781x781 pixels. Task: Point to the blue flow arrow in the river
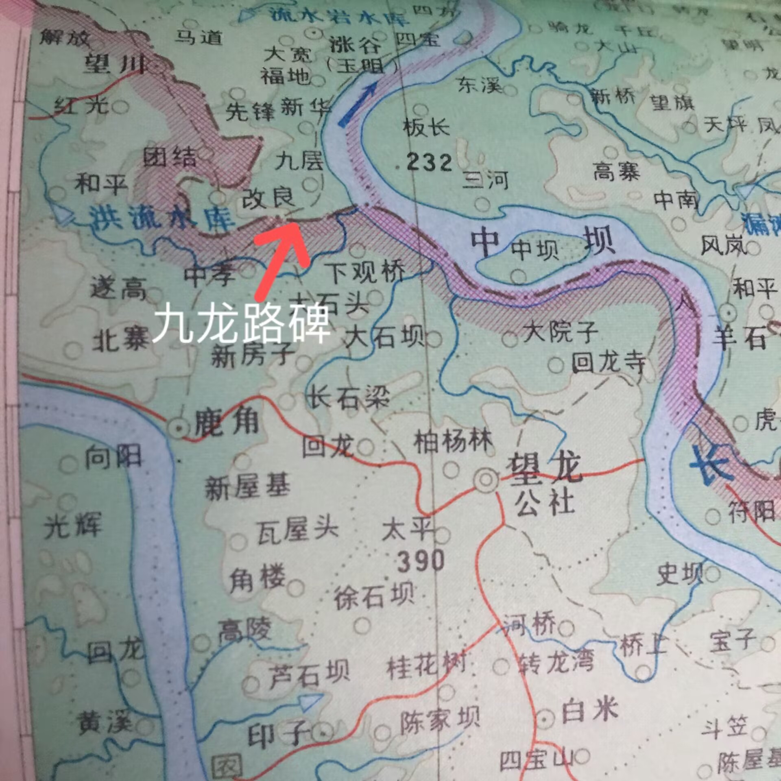(x=358, y=104)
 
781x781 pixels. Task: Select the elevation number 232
(x=429, y=163)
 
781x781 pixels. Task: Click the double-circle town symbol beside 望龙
(x=486, y=479)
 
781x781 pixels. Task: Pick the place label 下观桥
(x=366, y=272)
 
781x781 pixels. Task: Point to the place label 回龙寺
(x=609, y=362)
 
